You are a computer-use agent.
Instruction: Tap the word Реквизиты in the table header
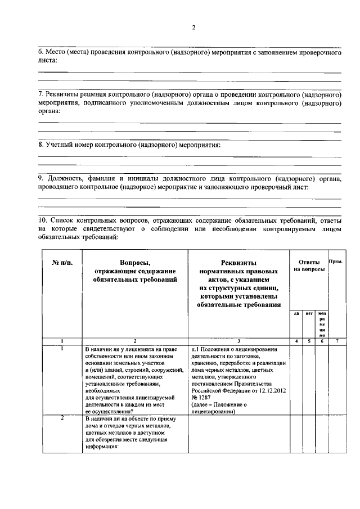point(238,263)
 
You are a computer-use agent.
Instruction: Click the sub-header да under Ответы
point(296,314)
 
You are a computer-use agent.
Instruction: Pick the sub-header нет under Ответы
point(309,314)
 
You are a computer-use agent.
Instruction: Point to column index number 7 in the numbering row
point(336,341)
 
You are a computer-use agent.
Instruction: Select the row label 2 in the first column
point(62,418)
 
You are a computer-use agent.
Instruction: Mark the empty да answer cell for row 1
point(296,380)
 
